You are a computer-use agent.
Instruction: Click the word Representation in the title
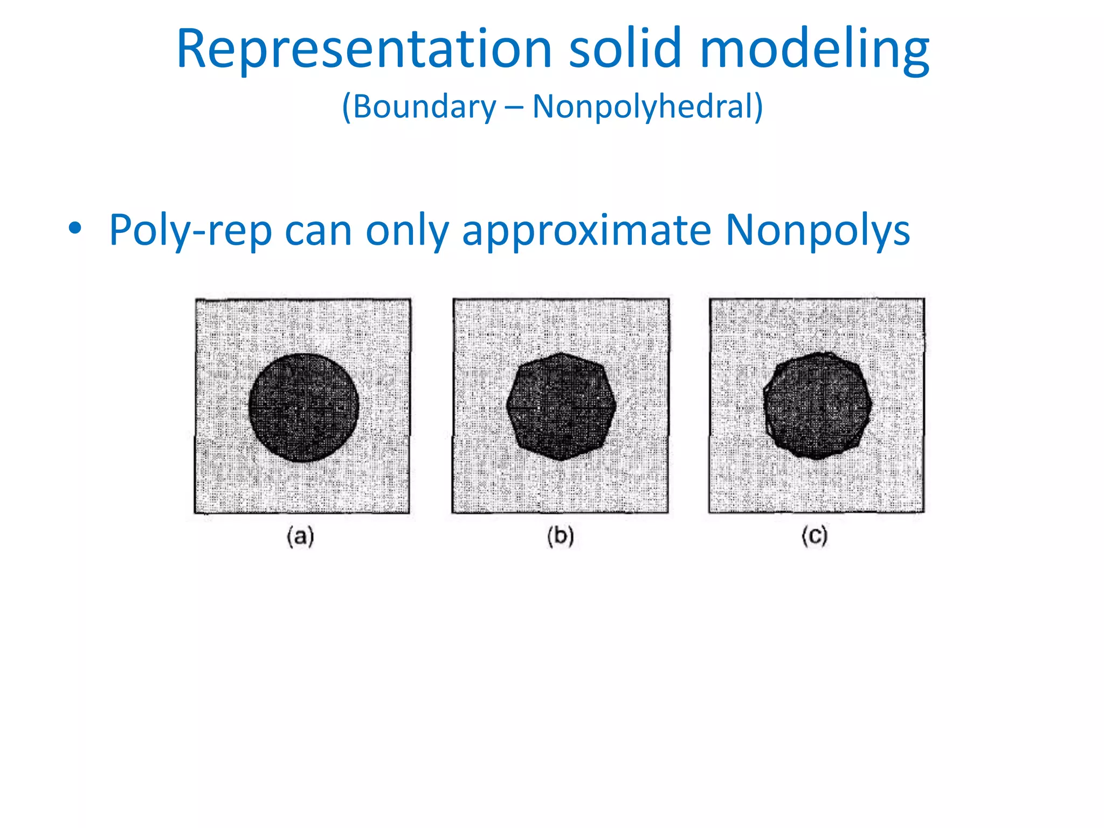pos(364,50)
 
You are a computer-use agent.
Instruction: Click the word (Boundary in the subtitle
pos(419,106)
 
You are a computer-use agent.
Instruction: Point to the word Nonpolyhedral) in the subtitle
pos(647,106)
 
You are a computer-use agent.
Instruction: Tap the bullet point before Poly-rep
pos(75,229)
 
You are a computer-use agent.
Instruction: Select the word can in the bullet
pos(318,231)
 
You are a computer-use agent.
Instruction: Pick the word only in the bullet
pos(407,231)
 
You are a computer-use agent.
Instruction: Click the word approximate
pos(587,231)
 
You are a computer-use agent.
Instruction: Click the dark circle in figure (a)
pos(303,408)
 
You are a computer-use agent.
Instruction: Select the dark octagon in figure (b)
pos(561,406)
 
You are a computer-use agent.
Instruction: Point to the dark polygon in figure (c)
pos(817,405)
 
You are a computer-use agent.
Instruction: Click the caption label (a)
pos(300,537)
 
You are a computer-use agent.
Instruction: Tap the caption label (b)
pos(561,537)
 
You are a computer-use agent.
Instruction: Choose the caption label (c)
pos(815,536)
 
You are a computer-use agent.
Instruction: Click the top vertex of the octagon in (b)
pos(561,353)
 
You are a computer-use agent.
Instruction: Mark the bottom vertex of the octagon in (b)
pos(561,460)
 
